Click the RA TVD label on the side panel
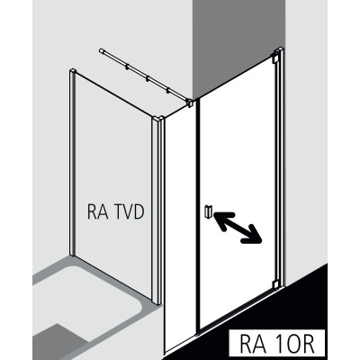point(116,211)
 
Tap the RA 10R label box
point(276,343)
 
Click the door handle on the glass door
point(208,211)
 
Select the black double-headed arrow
point(238,227)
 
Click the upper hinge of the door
point(275,58)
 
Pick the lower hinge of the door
point(275,283)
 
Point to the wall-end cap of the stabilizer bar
point(102,51)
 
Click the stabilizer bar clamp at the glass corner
point(190,103)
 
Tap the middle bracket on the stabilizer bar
point(148,79)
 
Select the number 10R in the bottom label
point(292,343)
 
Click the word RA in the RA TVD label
point(95,211)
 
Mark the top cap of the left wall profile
point(72,71)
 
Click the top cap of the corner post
point(158,119)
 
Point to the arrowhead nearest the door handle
point(221,221)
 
